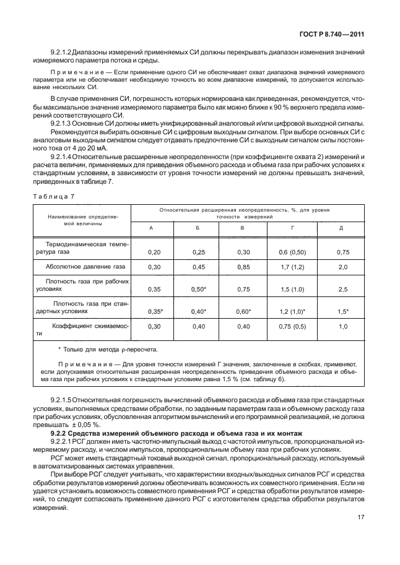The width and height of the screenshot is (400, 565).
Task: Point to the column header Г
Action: [293, 228]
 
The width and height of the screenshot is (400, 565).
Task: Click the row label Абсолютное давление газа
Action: [85, 267]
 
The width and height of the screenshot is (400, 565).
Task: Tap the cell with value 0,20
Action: [153, 252]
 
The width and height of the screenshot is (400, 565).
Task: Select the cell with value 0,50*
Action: [198, 289]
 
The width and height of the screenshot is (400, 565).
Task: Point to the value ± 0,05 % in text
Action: [89, 428]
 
